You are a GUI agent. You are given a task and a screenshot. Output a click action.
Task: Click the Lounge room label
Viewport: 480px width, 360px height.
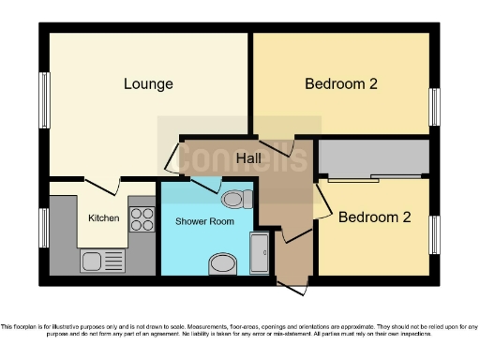[148, 84]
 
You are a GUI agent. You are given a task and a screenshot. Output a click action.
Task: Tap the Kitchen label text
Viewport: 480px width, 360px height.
[103, 217]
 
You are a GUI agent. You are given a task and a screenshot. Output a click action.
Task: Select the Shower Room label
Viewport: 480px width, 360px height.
[203, 221]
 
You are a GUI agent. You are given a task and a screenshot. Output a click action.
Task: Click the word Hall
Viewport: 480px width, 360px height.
[248, 157]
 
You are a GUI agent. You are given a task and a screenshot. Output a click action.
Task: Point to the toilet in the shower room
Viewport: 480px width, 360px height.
[237, 199]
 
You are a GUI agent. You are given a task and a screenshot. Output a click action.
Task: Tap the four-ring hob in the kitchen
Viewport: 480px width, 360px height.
[142, 219]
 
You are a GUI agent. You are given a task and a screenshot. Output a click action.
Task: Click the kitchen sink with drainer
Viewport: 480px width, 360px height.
[102, 260]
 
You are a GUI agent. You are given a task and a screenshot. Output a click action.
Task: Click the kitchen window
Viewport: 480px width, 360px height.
[44, 228]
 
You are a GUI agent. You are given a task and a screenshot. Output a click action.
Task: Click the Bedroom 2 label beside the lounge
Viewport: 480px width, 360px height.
[340, 84]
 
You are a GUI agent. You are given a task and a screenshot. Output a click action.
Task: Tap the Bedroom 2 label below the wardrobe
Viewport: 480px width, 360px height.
[374, 217]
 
